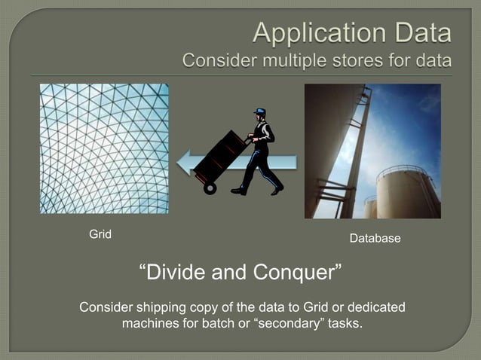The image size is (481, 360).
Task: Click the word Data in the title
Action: point(421,32)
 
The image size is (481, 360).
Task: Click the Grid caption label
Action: point(100,234)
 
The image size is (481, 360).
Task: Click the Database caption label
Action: point(375,239)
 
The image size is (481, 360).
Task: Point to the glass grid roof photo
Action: point(104,148)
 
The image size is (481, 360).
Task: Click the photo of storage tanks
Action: point(372,151)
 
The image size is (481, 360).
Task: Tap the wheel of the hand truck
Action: point(210,188)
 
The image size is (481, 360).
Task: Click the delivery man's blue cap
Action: point(260,112)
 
